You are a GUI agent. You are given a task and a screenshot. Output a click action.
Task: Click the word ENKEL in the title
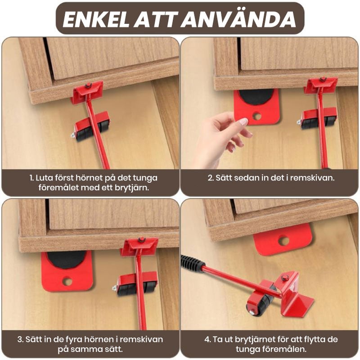[96, 19]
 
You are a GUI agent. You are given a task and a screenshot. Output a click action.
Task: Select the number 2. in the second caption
[211, 178]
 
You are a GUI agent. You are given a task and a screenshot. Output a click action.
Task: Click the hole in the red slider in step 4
[284, 241]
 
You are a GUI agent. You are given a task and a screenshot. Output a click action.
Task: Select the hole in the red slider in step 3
[67, 281]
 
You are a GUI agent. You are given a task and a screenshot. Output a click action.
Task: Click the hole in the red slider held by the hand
[257, 116]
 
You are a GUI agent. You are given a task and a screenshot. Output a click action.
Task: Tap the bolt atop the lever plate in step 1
[88, 85]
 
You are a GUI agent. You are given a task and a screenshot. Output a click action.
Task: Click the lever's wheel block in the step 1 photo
[92, 126]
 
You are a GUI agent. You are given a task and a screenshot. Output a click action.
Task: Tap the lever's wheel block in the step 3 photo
[136, 284]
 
